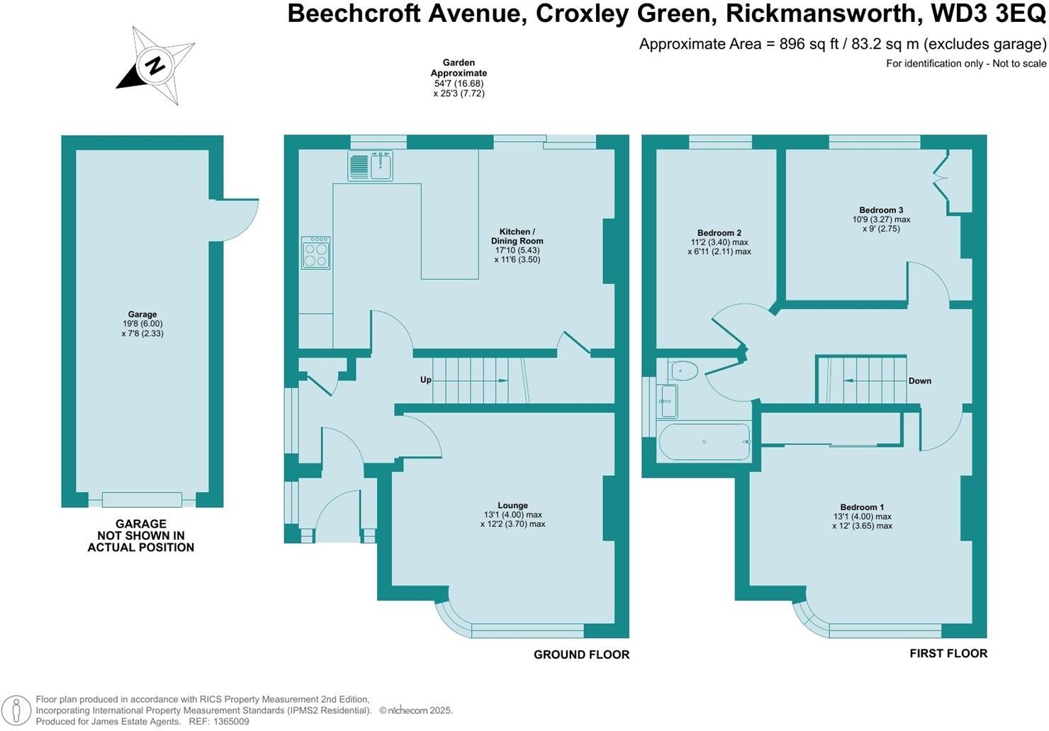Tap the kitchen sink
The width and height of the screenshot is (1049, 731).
(370, 166)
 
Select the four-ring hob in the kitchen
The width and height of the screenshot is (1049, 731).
(315, 253)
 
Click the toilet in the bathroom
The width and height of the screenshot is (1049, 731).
(684, 370)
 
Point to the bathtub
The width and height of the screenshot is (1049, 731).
(704, 442)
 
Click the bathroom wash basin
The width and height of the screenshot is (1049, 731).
(668, 401)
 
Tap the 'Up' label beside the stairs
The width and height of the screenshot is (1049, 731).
(425, 380)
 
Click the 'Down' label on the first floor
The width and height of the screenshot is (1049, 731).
(919, 381)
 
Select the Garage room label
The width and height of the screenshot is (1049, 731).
(142, 314)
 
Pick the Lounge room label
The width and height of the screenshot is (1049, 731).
(512, 506)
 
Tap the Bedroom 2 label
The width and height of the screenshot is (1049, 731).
(719, 233)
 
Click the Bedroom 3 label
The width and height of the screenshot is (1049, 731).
(881, 210)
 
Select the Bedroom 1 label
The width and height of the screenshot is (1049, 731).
(862, 507)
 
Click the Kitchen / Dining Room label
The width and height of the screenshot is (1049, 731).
(517, 236)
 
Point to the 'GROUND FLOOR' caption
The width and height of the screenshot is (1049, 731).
(581, 654)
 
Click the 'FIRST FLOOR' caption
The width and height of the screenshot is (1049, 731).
(948, 653)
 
